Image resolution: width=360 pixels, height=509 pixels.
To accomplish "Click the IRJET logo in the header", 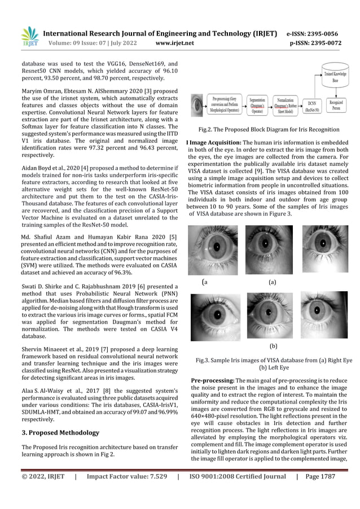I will tap(29, 36).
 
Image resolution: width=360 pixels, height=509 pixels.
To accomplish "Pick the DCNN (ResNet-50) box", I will tap(317, 107).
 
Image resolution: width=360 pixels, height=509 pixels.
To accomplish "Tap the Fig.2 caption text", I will tap(265, 130).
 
